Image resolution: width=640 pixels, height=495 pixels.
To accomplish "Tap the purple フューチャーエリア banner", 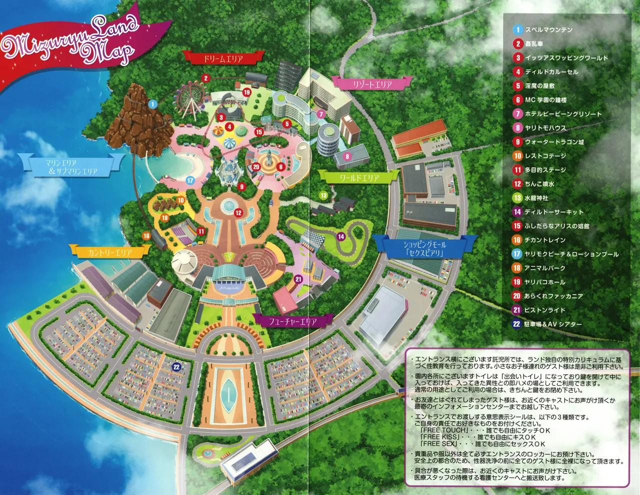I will [x=292, y=321].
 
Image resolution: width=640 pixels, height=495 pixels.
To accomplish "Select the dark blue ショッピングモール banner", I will [x=424, y=248].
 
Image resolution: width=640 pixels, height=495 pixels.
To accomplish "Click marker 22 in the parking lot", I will [x=176, y=366].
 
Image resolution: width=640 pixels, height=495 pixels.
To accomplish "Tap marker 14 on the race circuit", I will [x=341, y=236].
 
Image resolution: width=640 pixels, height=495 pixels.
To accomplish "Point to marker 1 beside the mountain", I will [x=153, y=104].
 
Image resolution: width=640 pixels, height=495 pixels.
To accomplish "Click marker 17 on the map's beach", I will [x=190, y=180].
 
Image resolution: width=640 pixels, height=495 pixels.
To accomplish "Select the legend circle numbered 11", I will [x=517, y=170].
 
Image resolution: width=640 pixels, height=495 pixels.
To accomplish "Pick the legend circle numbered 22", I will [x=517, y=324].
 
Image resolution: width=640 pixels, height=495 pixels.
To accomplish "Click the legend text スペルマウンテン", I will [x=548, y=30].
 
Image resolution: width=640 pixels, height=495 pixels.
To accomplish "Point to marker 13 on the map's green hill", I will [x=323, y=195].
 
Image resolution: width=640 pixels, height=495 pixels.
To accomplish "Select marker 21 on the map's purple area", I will [x=298, y=279].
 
